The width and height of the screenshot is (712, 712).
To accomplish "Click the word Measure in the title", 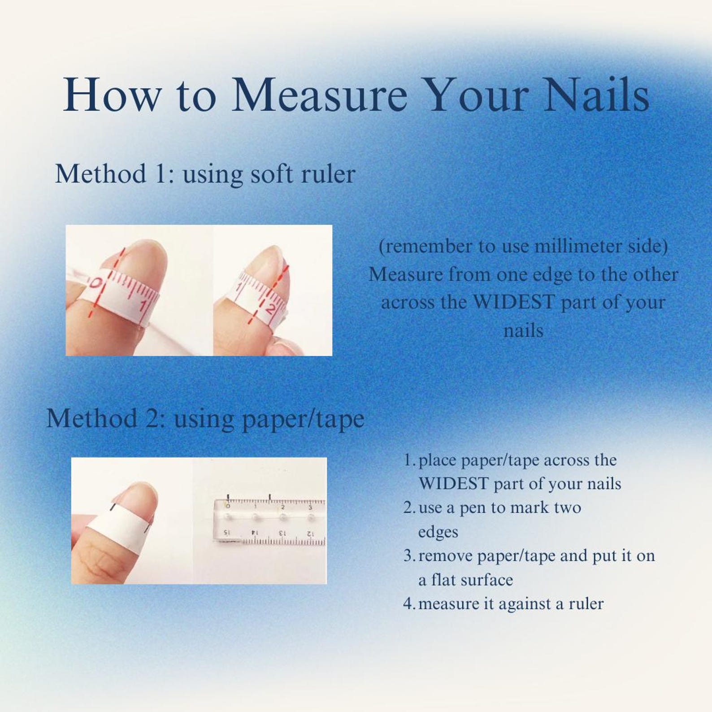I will click(x=319, y=95).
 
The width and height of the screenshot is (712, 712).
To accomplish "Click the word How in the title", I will click(x=112, y=95).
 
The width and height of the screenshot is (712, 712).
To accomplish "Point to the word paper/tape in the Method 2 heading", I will click(x=303, y=419).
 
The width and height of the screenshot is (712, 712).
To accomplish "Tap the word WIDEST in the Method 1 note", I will click(x=514, y=302).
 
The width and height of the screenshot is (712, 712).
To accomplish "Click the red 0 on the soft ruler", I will click(x=96, y=284).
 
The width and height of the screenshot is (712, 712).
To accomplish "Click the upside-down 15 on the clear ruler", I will click(x=227, y=533).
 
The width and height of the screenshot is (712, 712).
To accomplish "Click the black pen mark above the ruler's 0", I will click(x=228, y=498).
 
